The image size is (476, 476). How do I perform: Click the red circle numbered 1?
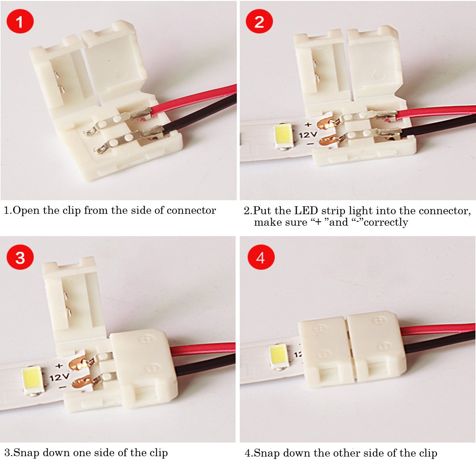pos(20,21)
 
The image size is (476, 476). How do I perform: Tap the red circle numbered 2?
pos(259,21)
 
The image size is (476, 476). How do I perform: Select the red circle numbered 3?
pos(20,257)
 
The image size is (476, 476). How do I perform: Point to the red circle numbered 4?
pos(261,257)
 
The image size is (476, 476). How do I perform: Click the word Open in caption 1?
pos(27,211)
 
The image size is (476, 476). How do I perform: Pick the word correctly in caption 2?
pos(386,222)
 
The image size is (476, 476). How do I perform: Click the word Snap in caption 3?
pos(27,453)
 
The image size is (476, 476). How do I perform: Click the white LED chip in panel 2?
pos(284,136)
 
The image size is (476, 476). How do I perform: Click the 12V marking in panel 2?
pos(307,135)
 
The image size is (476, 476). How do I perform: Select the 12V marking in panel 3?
pos(59,376)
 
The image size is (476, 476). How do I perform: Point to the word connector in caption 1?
pos(191,211)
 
